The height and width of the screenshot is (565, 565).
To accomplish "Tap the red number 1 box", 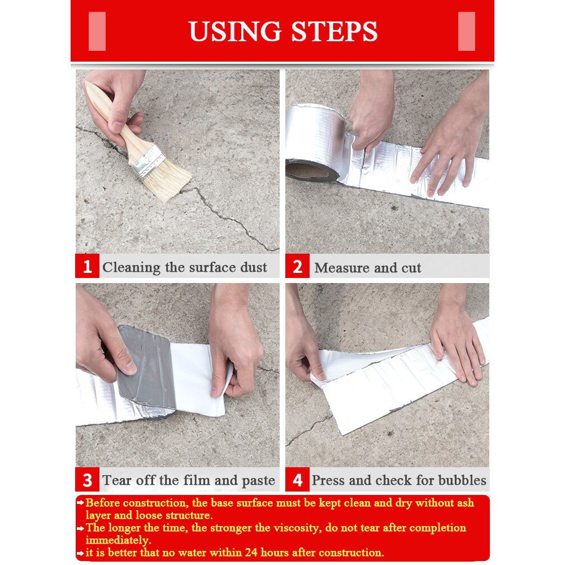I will click(x=87, y=266).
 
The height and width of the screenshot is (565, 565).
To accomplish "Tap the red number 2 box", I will click(x=297, y=266).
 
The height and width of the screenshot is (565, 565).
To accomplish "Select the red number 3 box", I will click(x=87, y=480).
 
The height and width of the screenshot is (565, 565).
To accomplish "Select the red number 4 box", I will click(x=297, y=480).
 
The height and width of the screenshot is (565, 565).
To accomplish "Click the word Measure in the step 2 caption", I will click(x=340, y=267).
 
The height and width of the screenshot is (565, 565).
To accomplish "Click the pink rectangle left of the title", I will click(x=97, y=31).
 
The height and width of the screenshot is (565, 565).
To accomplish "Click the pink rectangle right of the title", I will click(x=466, y=31).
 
